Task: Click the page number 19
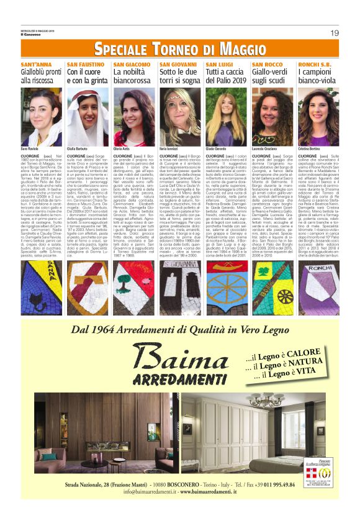(x=335, y=32)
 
